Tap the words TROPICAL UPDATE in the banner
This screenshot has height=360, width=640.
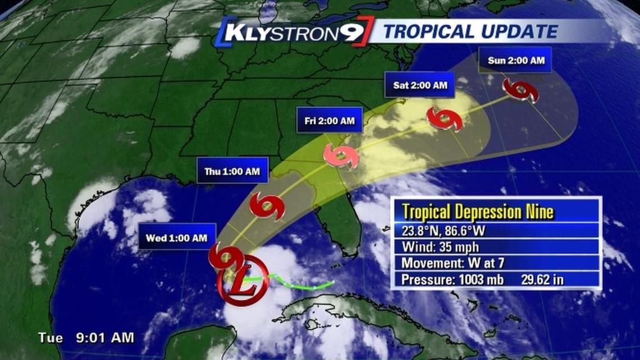470,31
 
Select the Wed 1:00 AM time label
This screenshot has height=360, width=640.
177,238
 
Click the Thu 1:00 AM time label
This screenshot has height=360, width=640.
232,171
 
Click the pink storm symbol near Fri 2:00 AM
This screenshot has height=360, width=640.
341,157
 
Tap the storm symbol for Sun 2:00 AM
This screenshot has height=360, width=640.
520,90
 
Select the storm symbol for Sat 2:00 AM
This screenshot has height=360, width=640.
445,119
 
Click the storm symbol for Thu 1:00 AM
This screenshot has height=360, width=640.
267,206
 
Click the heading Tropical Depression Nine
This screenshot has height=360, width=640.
478,212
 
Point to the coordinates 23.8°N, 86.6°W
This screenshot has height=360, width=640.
442,230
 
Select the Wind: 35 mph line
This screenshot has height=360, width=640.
436,247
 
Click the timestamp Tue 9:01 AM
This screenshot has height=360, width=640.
86,338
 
